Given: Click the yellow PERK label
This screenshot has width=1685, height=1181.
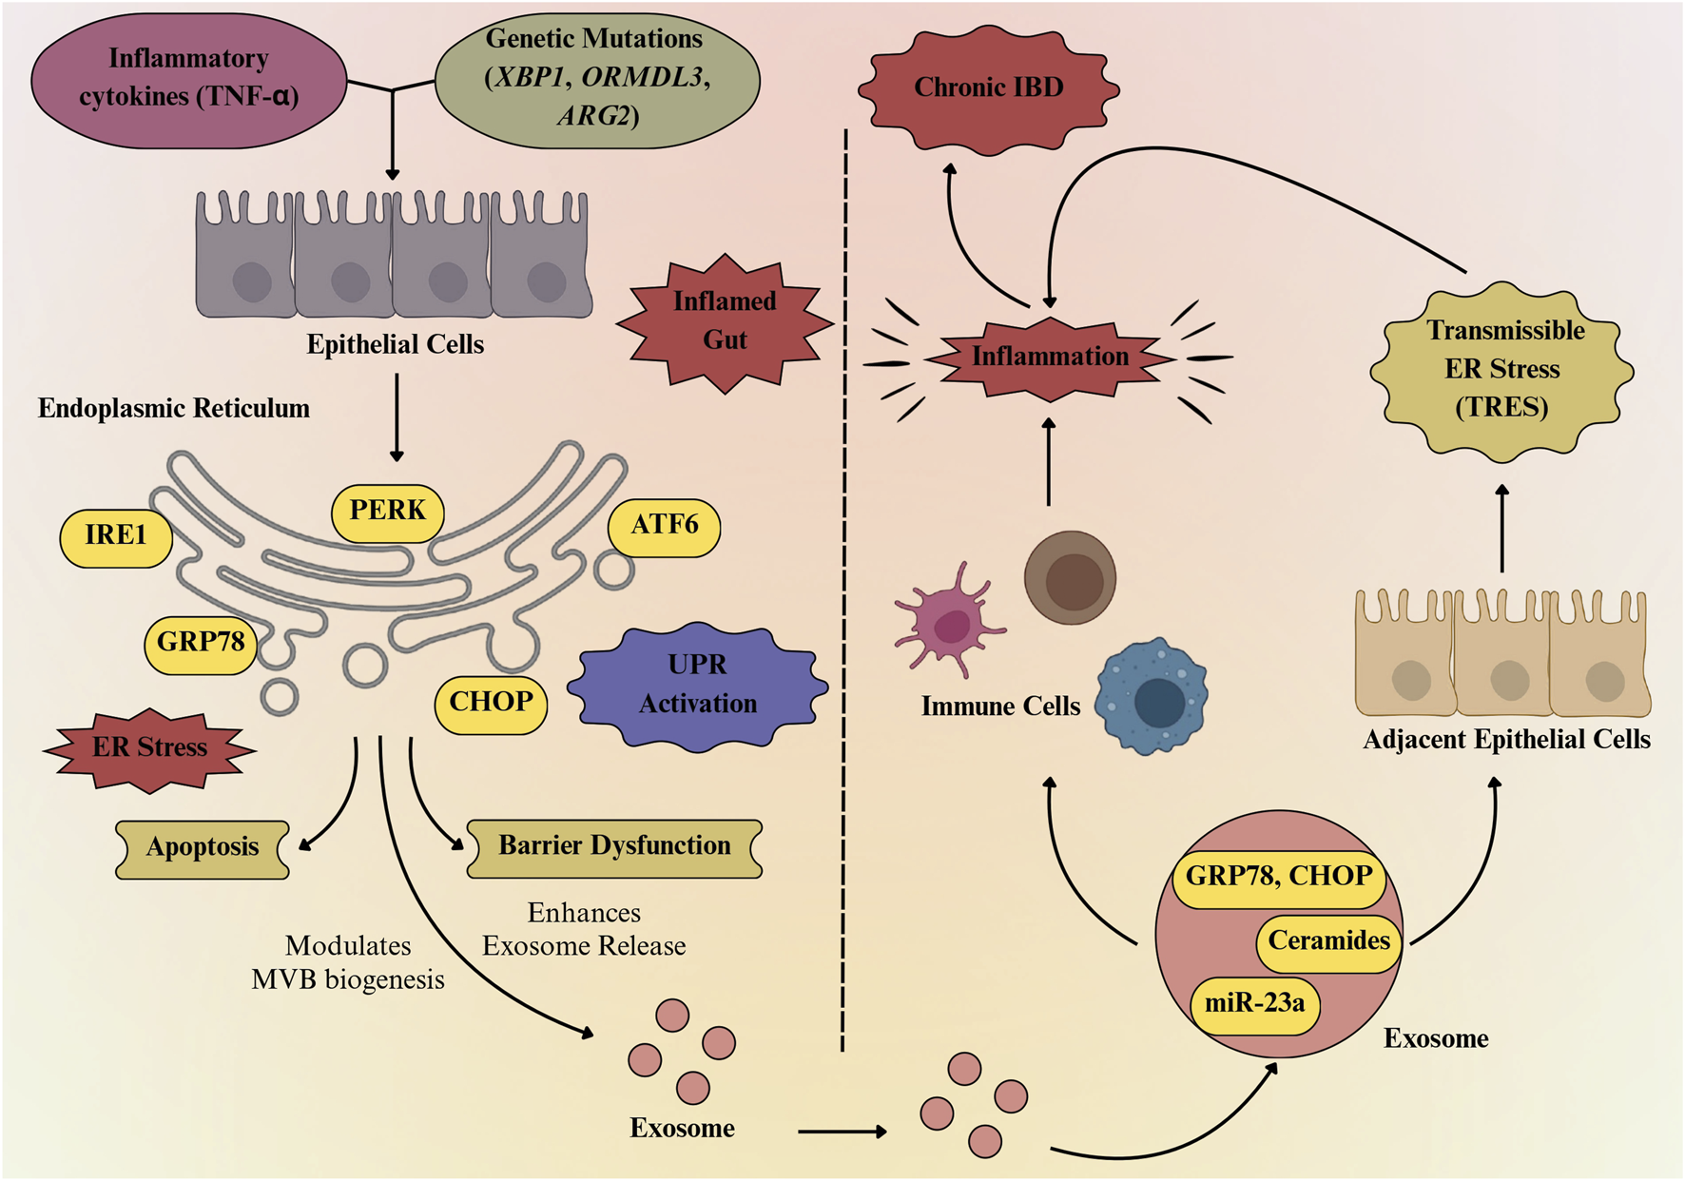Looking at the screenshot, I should click(387, 512).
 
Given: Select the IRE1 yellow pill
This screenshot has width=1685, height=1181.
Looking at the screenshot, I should click(116, 536).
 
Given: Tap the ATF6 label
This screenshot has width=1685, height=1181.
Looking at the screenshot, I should click(664, 526).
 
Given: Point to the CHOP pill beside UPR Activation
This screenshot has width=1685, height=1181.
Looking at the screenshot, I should click(491, 704).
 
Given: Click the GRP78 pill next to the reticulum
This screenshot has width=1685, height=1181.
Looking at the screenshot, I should click(200, 644).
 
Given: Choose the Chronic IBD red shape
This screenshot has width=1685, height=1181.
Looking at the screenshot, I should click(988, 88).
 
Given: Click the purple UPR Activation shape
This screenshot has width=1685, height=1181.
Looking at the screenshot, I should click(698, 686).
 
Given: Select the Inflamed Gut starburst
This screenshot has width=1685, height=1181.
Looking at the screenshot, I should click(725, 322).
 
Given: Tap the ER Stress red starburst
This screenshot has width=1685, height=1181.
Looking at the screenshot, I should click(149, 749).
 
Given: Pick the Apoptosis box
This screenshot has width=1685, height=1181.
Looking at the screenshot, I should click(203, 848).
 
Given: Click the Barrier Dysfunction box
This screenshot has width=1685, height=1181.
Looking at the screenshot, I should click(614, 847).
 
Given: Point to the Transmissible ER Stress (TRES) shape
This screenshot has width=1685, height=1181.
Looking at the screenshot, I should click(1501, 371).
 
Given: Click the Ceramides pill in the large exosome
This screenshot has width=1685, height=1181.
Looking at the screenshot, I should click(1328, 942).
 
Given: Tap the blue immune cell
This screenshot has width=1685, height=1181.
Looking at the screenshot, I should click(1152, 697).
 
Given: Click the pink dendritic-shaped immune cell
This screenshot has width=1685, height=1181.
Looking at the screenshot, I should click(949, 623).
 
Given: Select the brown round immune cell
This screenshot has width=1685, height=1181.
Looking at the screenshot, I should click(1070, 577).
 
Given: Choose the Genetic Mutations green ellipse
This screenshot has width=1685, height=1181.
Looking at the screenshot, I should click(597, 79).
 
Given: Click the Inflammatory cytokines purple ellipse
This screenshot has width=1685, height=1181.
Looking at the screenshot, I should click(188, 79).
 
